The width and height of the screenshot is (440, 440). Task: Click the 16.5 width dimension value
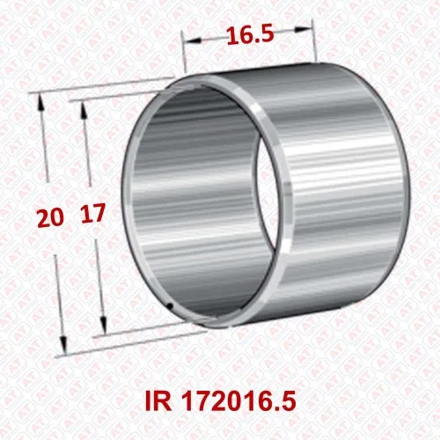coord(250,34)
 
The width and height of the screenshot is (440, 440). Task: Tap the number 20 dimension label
coord(50,218)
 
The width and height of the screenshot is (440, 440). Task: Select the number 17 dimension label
coord(92,213)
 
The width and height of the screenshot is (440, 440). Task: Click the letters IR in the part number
coord(158,401)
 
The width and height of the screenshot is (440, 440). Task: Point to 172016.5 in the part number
coord(238,401)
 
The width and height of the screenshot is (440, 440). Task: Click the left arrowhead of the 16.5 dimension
coord(193,40)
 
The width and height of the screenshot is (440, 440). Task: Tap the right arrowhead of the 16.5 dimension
coord(302,29)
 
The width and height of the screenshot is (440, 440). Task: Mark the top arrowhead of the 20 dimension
coord(41,102)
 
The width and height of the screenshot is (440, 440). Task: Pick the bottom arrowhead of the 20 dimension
coord(63,345)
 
